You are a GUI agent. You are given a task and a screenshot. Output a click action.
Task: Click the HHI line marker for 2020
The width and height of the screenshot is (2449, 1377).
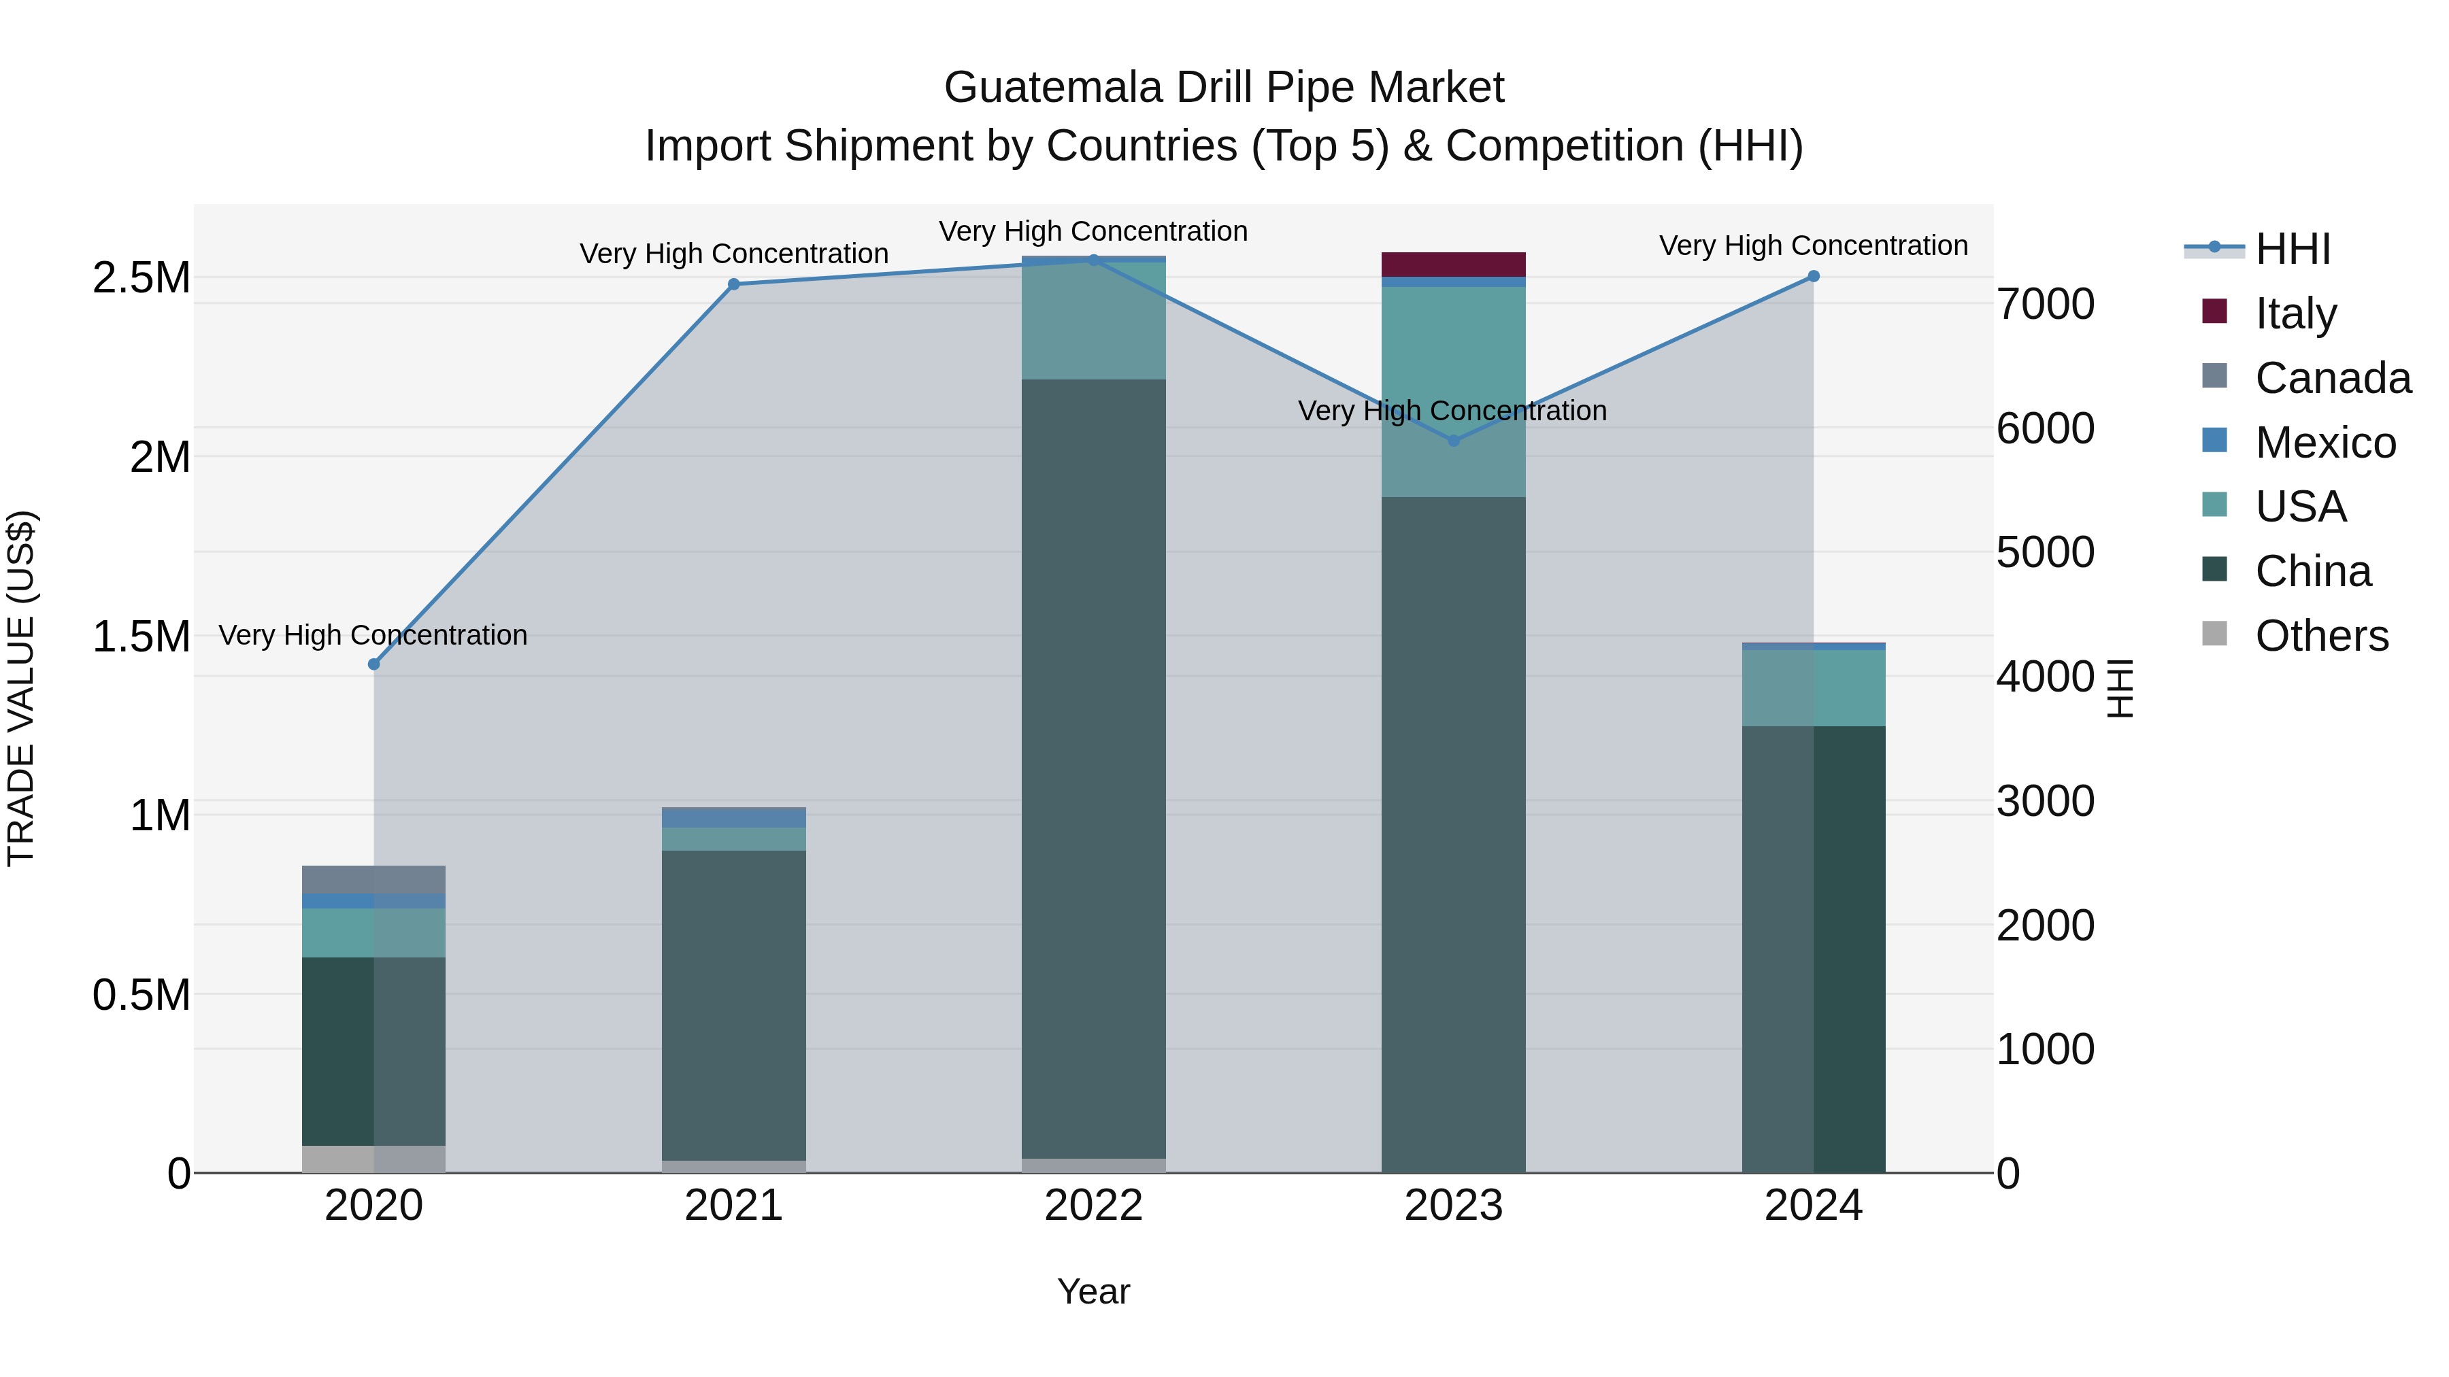pos(373,664)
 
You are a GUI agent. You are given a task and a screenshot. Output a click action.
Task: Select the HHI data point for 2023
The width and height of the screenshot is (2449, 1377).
pos(1452,441)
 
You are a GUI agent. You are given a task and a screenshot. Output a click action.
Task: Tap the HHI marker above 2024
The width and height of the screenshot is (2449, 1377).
pos(1813,277)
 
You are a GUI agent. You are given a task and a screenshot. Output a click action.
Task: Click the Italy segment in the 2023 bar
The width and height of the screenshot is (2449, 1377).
pos(1452,265)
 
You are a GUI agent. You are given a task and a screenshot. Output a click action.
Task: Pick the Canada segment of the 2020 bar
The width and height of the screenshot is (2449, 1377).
pos(373,879)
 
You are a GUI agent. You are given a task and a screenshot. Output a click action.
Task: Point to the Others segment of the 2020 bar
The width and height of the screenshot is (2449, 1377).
pos(373,1159)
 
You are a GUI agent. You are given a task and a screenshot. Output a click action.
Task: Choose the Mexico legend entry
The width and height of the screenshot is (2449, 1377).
pos(2325,443)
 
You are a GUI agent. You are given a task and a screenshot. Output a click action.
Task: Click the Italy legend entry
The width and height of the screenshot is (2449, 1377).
pos(2295,313)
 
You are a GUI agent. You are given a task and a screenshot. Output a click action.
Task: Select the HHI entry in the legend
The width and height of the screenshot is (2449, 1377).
pos(2292,249)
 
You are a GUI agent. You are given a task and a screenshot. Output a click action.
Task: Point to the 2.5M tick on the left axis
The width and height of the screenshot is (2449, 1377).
pos(141,278)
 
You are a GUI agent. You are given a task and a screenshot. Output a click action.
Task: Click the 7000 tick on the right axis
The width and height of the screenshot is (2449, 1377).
pos(2045,304)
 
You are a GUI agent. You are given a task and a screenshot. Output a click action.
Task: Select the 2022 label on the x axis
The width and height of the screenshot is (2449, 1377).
pos(1093,1206)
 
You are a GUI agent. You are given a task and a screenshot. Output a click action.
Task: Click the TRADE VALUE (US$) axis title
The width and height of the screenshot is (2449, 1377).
pos(21,688)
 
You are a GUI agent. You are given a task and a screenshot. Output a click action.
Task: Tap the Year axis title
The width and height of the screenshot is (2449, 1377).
pos(1093,1291)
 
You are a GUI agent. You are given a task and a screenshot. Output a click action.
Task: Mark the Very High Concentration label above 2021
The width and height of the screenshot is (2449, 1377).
pos(733,254)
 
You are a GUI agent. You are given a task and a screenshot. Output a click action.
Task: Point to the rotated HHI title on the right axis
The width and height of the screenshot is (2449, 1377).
pos(2120,688)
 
